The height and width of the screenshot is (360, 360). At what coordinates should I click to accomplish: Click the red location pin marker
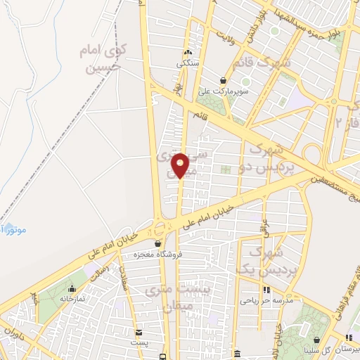(180, 165)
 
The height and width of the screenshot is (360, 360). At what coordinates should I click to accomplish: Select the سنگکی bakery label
(188, 63)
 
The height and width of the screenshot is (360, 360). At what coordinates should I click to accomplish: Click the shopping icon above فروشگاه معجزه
(167, 243)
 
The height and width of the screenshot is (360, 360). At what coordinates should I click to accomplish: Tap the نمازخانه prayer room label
(72, 298)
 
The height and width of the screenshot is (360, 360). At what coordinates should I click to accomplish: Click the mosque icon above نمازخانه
(72, 288)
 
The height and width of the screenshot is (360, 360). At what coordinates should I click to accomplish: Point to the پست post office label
(140, 342)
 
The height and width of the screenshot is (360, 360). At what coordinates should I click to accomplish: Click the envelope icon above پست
(139, 332)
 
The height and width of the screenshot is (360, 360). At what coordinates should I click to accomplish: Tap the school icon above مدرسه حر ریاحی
(266, 290)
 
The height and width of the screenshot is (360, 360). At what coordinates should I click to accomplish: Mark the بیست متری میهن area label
(167, 298)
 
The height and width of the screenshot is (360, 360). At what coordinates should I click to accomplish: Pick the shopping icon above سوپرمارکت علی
(224, 80)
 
